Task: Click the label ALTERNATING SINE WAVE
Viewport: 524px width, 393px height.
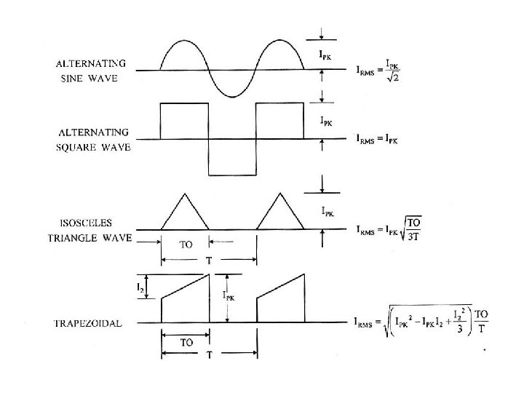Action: (x=92, y=69)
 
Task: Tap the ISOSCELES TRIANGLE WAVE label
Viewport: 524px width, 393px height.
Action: (x=90, y=230)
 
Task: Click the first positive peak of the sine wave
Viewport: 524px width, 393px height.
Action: (x=184, y=43)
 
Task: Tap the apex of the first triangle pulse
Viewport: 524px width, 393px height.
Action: (x=185, y=193)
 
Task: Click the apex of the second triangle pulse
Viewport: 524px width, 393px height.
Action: (x=280, y=193)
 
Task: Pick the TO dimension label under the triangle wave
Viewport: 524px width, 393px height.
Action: (x=186, y=245)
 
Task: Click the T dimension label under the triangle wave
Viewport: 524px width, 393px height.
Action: (x=209, y=261)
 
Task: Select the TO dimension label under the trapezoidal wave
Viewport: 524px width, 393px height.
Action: (x=186, y=341)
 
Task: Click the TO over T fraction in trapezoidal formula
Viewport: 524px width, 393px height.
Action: (x=480, y=322)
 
